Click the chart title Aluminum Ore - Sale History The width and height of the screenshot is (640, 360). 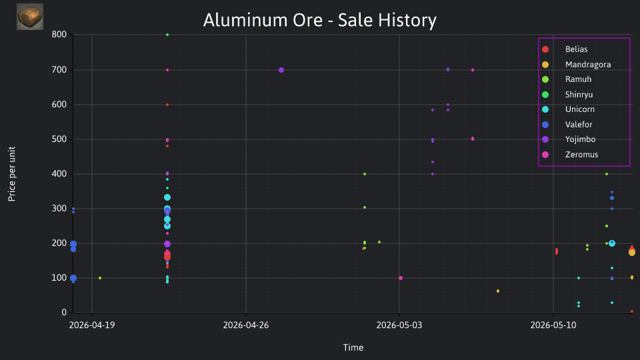tap(319, 20)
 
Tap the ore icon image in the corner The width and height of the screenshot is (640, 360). tap(30, 17)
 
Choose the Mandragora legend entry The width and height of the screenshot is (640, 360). tap(576, 65)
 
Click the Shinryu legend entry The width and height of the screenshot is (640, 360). tap(567, 95)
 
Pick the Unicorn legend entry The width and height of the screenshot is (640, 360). tap(568, 109)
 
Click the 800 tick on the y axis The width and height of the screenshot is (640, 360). tap(59, 35)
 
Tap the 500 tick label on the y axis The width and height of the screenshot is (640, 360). tap(59, 139)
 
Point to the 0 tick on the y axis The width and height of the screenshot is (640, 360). tap(64, 313)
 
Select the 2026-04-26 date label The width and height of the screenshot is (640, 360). tap(246, 325)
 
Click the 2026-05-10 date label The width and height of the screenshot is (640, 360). tap(553, 325)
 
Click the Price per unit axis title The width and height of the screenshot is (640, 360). tap(12, 174)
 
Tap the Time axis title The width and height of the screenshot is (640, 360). tap(353, 348)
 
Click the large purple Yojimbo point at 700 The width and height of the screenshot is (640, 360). tap(281, 70)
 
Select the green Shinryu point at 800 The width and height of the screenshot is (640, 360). tap(167, 35)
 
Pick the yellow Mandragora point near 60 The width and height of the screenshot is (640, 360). tap(498, 291)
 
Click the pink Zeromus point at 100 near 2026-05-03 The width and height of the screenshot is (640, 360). tap(401, 278)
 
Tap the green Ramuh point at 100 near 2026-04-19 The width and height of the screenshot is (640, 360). tap(100, 278)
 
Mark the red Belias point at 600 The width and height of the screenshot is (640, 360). tap(167, 105)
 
